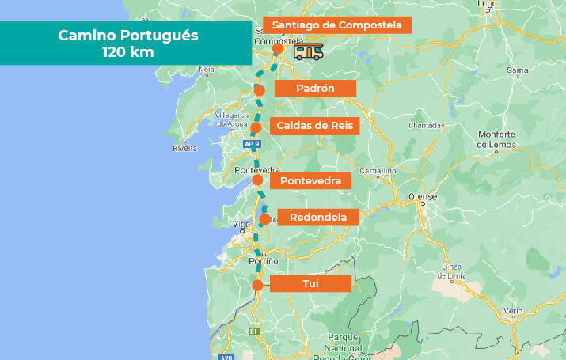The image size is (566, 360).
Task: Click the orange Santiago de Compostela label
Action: coord(337,25)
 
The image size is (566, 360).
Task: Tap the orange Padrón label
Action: coord(315,89)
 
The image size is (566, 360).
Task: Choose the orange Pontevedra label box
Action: coord(310,181)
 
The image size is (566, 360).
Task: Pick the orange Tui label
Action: coord(310,283)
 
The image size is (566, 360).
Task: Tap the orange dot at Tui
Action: coord(257,286)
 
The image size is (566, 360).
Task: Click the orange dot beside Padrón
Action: coord(260,91)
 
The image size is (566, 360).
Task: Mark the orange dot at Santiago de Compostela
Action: coord(277,49)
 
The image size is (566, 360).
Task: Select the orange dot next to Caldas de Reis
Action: coord(256,127)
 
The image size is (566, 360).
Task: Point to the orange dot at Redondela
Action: coord(264,219)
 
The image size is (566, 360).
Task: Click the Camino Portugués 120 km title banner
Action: coord(126,43)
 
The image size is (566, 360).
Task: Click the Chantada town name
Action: coord(424,125)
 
